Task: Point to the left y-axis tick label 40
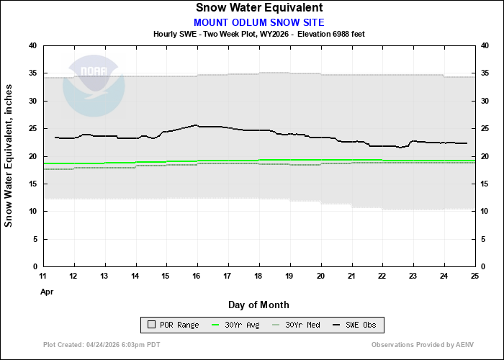(32, 45)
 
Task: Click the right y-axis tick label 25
(486, 128)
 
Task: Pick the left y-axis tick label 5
(35, 239)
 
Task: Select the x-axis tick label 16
(197, 276)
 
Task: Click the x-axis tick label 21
(352, 276)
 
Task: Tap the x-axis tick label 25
(475, 276)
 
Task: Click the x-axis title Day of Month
(259, 305)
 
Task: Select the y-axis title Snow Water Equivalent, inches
(9, 156)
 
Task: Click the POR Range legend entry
(173, 325)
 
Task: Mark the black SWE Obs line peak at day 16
(197, 125)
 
